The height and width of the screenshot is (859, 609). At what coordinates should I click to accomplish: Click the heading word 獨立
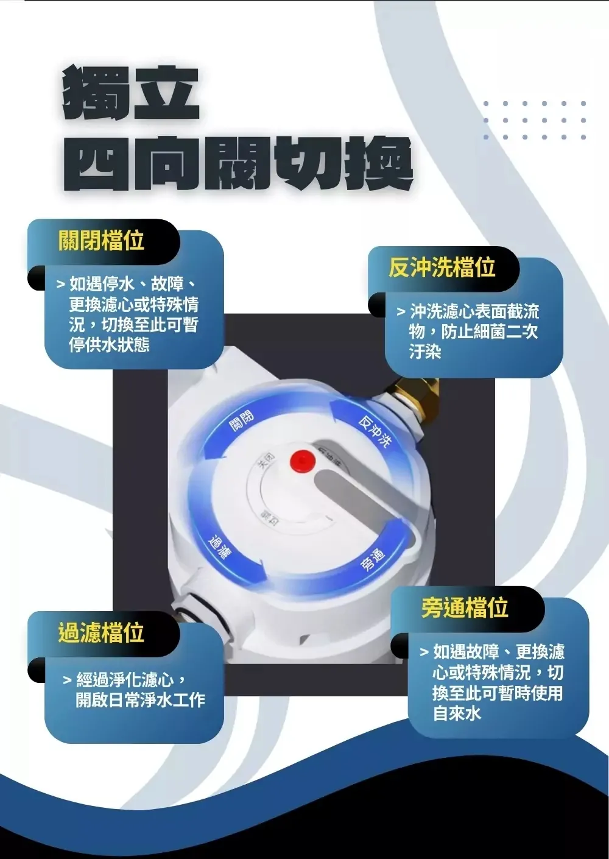point(131,93)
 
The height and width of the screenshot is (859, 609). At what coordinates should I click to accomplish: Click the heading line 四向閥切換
point(238,163)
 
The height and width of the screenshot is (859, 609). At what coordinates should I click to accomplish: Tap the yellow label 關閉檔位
point(101,241)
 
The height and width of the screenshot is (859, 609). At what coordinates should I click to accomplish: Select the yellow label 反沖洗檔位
point(442,267)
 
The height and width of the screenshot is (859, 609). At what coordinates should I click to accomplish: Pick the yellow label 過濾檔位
point(101,633)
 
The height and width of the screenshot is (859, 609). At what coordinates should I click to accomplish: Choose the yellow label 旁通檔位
point(465,607)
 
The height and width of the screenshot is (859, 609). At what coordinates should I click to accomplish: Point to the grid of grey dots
point(535,120)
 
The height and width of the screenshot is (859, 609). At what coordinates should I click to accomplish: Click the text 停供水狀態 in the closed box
point(109,345)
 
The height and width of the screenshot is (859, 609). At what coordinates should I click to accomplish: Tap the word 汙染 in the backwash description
point(425,352)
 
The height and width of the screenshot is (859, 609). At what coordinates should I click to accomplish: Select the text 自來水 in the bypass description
point(457,713)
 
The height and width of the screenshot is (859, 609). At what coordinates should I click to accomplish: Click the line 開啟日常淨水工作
point(140,699)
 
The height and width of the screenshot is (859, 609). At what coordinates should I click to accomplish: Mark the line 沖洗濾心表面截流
point(474,312)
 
